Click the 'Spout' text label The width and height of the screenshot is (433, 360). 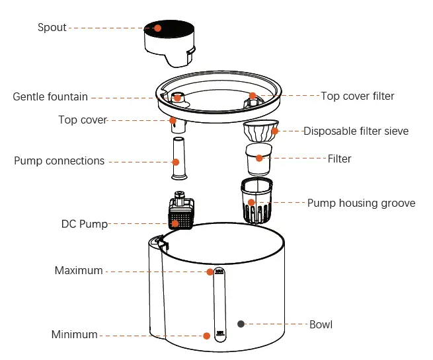pos(52,28)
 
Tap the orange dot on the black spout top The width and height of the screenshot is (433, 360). pos(158,28)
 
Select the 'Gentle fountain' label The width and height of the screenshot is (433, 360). pos(50,97)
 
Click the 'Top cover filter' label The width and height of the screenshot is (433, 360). pos(357,96)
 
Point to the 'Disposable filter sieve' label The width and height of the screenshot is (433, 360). pos(356,131)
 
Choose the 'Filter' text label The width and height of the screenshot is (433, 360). pos(339,159)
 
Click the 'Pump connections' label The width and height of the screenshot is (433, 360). pos(59,161)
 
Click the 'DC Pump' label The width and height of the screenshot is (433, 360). pos(84,224)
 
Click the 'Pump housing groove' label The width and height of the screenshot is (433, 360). pos(361,203)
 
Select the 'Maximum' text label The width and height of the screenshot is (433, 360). pos(79,271)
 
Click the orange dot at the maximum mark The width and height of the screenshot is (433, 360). pos(210,271)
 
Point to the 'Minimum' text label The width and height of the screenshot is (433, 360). pos(75,335)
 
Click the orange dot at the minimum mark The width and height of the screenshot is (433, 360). pos(207,336)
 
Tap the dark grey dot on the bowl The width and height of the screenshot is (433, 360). pos(241,324)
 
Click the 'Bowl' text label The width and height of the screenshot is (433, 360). pos(321,324)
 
